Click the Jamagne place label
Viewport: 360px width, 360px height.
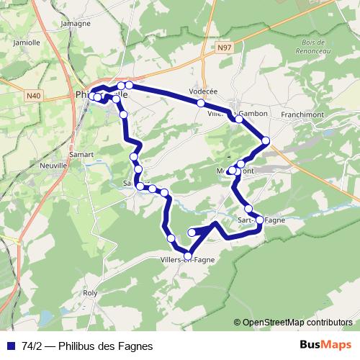click(x=76, y=23)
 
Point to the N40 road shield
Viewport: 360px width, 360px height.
click(x=32, y=94)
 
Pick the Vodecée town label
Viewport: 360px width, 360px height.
click(x=202, y=91)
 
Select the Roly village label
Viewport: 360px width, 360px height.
click(x=90, y=293)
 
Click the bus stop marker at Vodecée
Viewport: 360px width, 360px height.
click(x=202, y=103)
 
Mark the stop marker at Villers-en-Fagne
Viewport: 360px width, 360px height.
click(x=188, y=256)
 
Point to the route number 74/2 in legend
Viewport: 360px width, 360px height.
click(x=32, y=346)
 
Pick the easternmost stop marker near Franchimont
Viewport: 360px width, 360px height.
click(x=266, y=140)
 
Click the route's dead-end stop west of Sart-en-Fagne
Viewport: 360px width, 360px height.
click(x=192, y=233)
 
